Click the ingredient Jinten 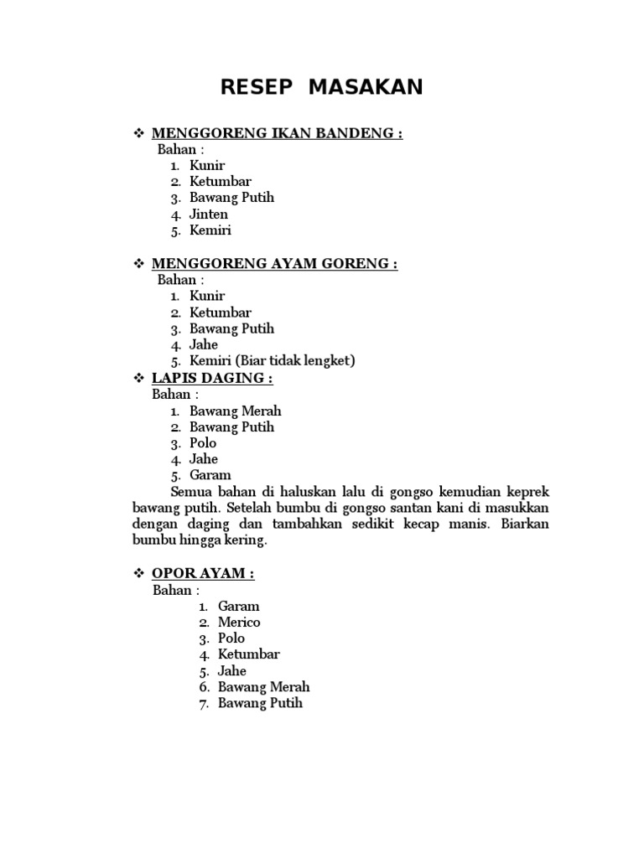click(209, 214)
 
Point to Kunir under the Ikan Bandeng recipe click(207, 165)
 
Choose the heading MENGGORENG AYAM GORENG click(274, 264)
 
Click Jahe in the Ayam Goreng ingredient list click(204, 344)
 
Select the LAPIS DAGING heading click(212, 378)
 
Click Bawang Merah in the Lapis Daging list click(236, 411)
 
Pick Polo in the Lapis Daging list click(203, 442)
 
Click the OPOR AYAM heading click(203, 574)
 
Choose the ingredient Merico click(239, 622)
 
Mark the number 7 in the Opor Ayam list click(203, 703)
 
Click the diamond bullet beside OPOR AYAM click(140, 574)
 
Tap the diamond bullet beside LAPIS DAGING click(140, 378)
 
